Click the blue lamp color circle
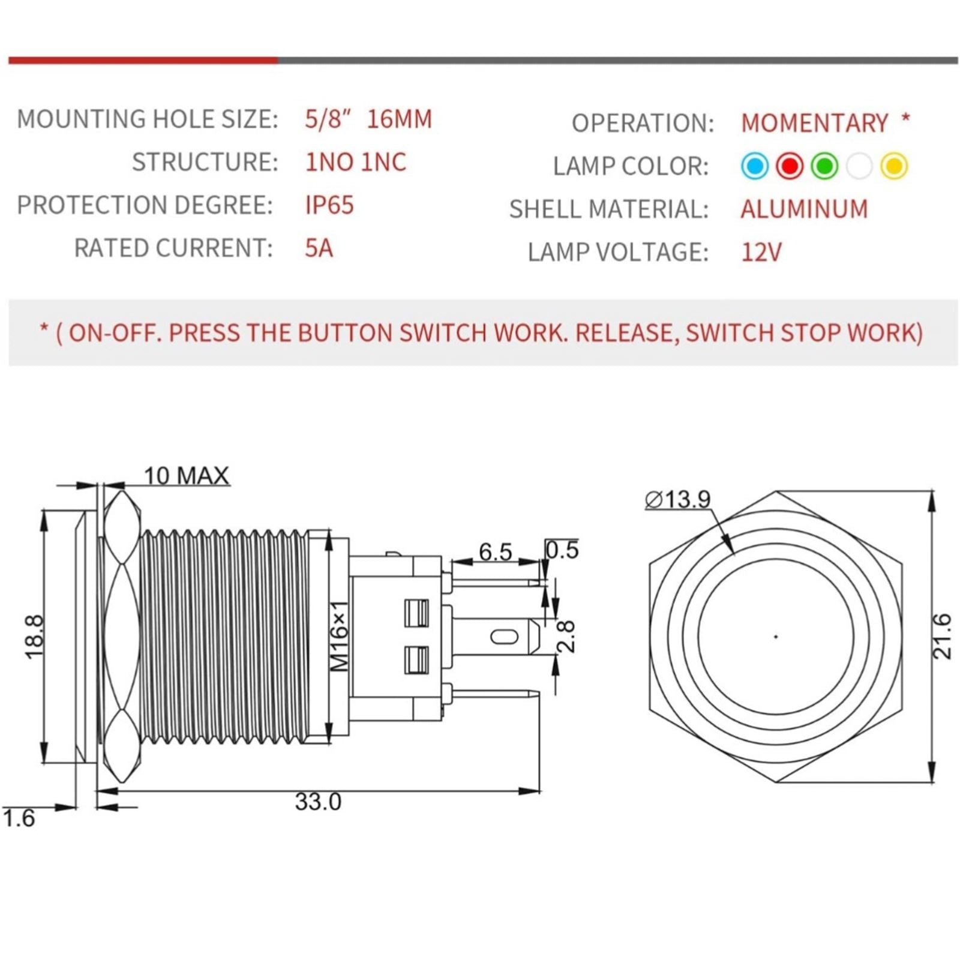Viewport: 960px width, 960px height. (755, 166)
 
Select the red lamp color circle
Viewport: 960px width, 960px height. (790, 166)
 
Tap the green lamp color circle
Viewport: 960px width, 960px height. (824, 166)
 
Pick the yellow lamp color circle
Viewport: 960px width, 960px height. (894, 166)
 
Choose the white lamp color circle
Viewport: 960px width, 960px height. (859, 166)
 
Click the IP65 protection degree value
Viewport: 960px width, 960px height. (329, 205)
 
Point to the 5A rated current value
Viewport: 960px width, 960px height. (319, 248)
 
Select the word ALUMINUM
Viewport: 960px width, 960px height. (804, 209)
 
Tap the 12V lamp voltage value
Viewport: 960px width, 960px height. (761, 252)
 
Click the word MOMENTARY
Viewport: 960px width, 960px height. (814, 123)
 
